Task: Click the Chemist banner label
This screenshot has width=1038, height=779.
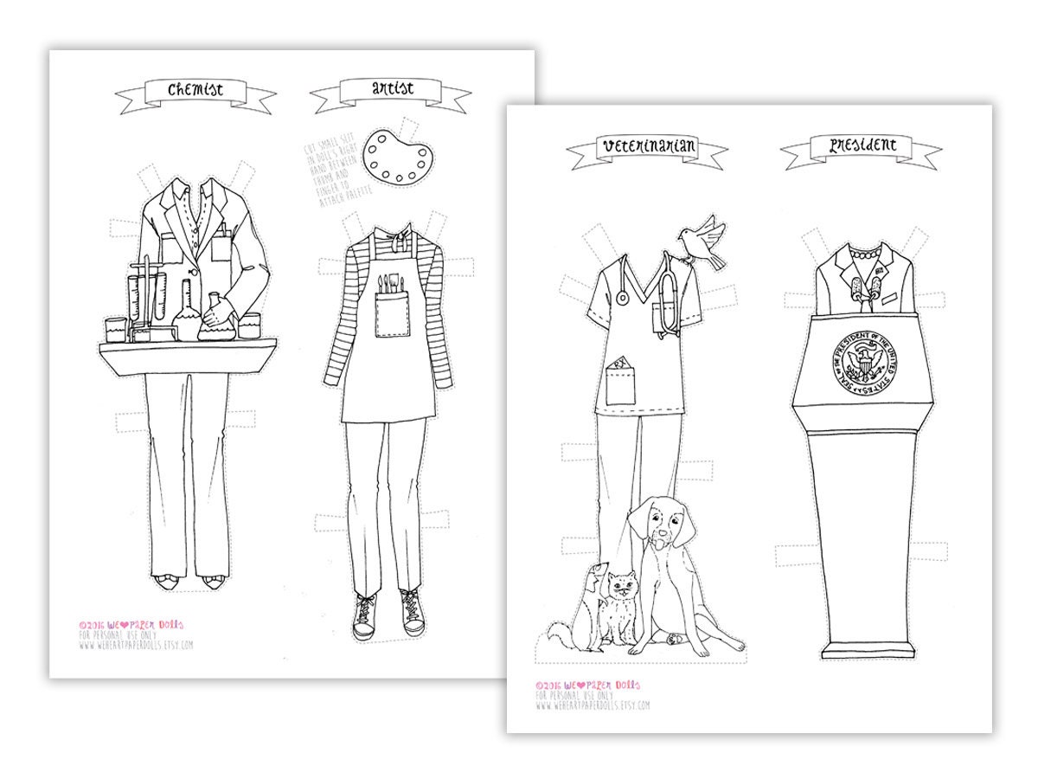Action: click(195, 89)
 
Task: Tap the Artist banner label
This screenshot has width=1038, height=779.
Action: click(392, 89)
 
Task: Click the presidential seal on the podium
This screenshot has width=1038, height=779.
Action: click(862, 361)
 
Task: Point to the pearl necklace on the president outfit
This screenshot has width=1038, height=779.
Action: click(860, 256)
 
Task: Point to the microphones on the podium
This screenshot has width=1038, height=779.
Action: click(862, 291)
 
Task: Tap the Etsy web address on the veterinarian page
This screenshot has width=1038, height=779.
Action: click(593, 705)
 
